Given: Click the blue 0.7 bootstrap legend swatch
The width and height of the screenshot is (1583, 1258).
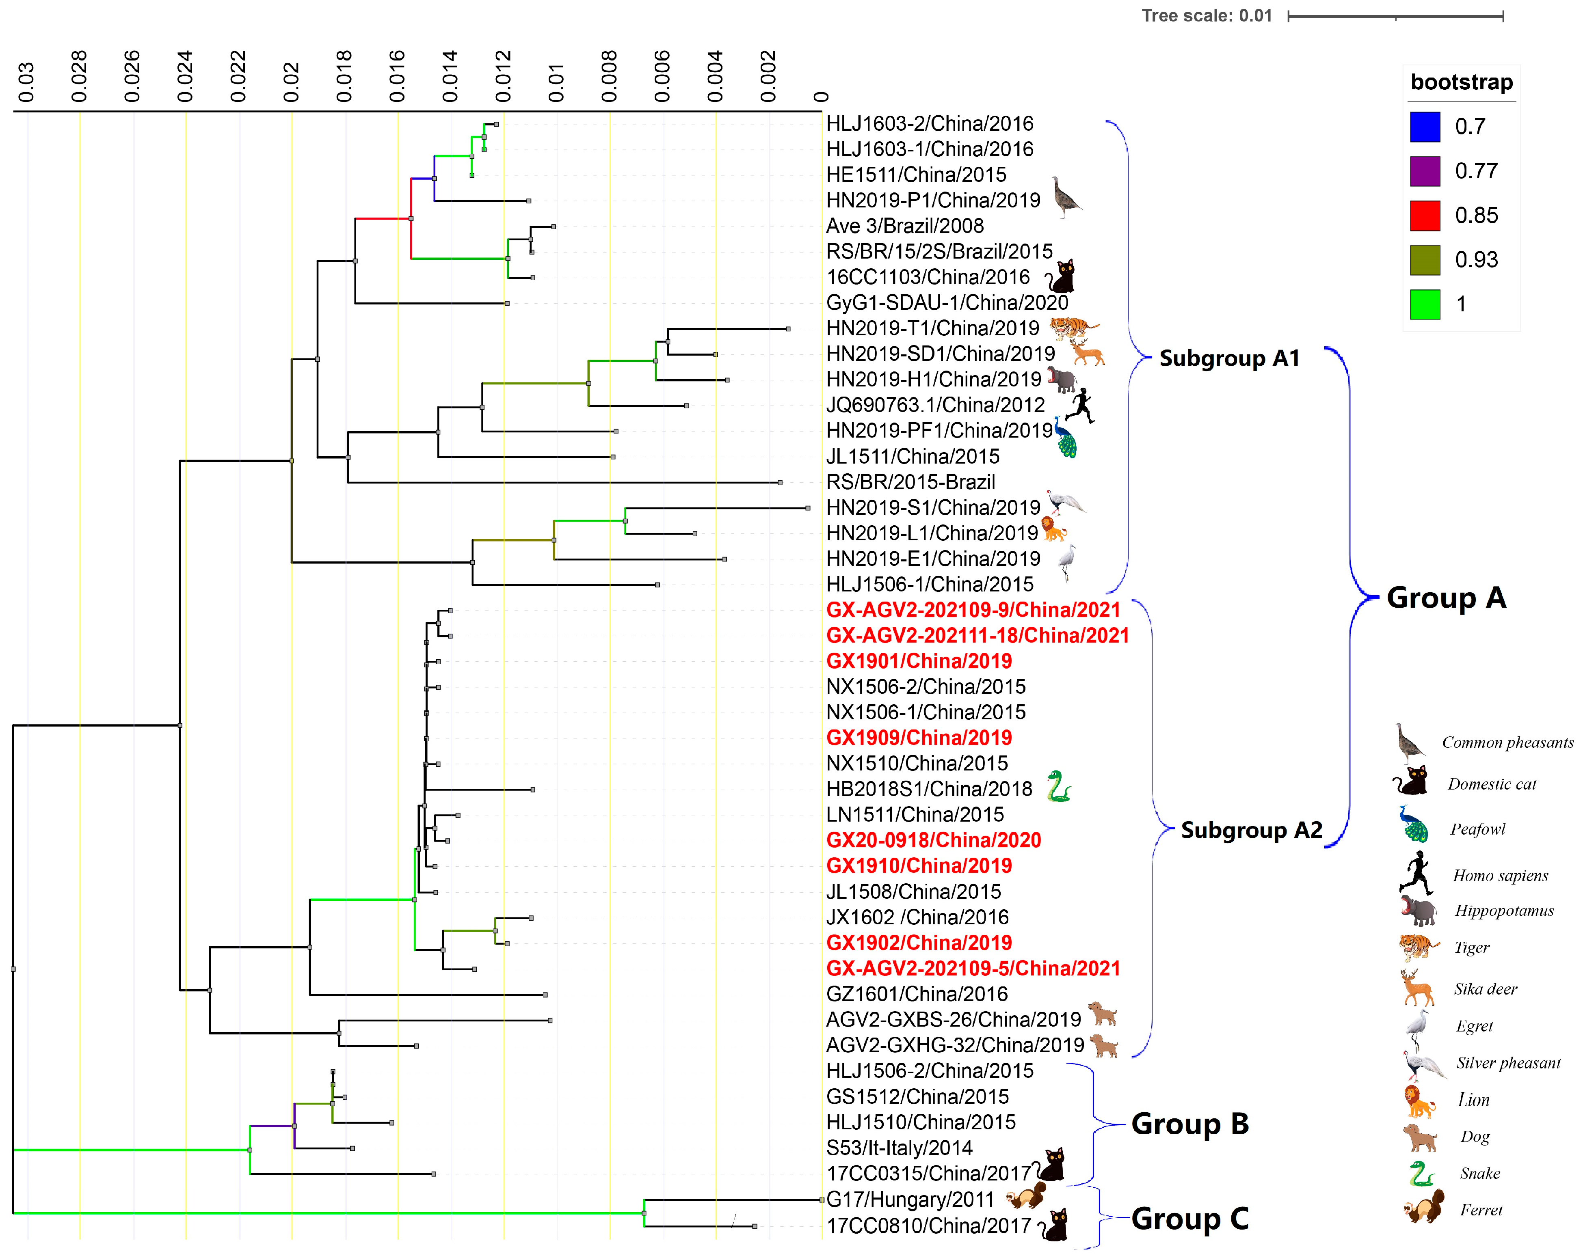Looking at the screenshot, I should [1424, 126].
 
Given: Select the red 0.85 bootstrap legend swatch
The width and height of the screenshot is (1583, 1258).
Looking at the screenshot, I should [1424, 215].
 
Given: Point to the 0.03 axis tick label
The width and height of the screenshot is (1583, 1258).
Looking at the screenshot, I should [26, 82].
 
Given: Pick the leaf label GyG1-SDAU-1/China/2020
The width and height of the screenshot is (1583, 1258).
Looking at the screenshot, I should [946, 302].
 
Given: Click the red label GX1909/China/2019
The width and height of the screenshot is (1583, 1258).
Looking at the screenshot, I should [919, 738].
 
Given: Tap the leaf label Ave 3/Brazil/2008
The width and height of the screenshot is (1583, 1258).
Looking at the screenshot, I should [904, 226].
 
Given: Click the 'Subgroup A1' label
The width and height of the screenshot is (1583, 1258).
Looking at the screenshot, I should [1229, 358].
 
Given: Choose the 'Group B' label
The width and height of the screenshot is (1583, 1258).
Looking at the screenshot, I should [1189, 1124].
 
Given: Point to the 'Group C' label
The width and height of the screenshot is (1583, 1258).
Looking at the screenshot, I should [1189, 1218].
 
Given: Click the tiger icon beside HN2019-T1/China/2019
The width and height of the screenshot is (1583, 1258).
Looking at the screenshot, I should [1073, 328].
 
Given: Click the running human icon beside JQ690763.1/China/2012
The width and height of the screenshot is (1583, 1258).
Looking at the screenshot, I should [1079, 405].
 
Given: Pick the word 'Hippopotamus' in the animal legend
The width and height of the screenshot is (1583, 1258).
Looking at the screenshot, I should [1504, 911].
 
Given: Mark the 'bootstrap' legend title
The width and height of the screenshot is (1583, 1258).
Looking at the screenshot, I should [1461, 82].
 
